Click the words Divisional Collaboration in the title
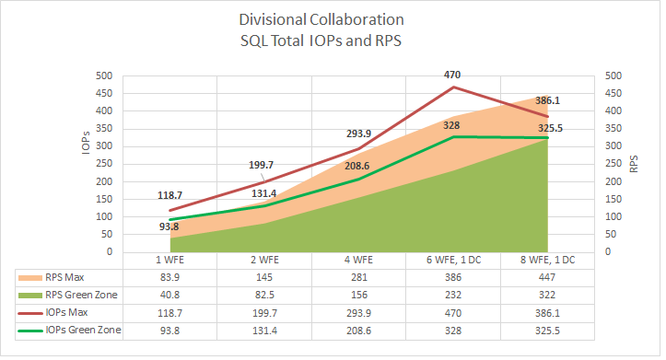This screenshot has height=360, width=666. point(333,19)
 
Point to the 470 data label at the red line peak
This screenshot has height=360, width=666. point(452,75)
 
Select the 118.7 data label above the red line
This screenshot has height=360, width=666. point(168,195)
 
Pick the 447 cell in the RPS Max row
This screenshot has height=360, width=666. point(548,277)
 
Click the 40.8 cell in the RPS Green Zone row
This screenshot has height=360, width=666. point(169,295)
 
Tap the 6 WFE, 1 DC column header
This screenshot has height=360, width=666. point(452,261)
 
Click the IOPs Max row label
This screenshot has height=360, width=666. point(67,312)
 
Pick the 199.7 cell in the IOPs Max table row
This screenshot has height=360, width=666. point(263,312)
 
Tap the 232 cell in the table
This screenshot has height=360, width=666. point(453,295)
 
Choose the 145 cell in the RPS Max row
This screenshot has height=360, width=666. point(263,277)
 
